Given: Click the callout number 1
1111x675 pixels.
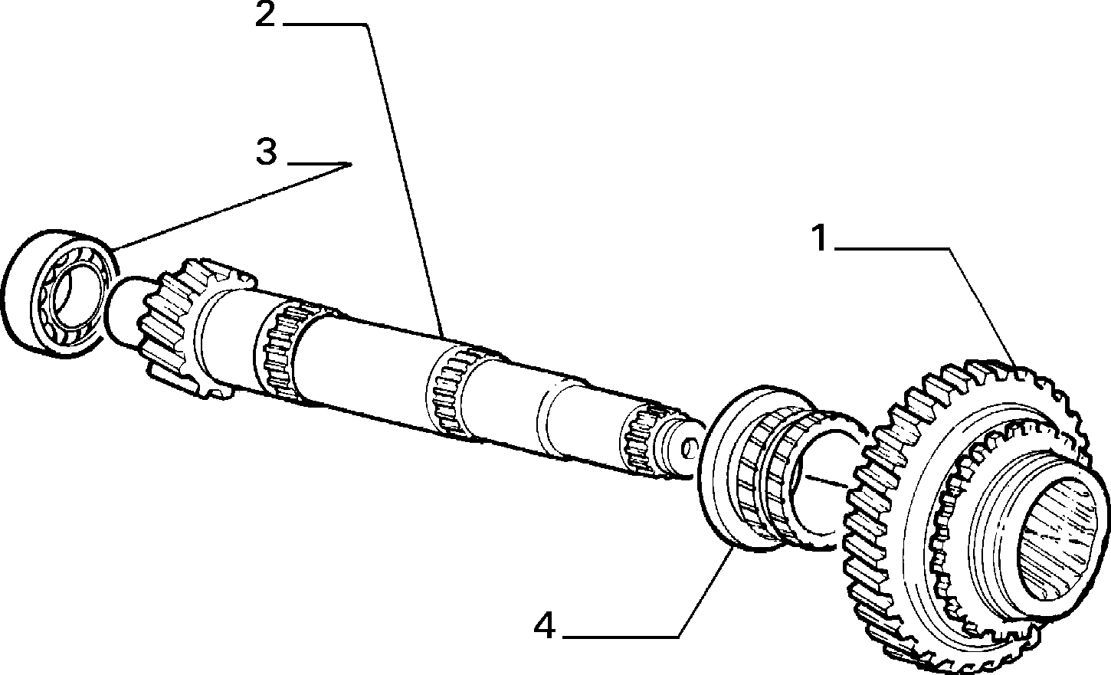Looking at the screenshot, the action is click(821, 238).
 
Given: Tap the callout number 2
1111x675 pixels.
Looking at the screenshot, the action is click(265, 15).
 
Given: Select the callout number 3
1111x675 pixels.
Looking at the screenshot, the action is click(267, 152).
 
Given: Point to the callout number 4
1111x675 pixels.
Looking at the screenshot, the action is click(545, 626).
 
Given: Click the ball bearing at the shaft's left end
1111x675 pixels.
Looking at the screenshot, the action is click(60, 293).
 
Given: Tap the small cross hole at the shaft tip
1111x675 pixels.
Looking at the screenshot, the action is click(688, 449).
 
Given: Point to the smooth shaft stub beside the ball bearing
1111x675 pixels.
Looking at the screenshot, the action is click(124, 312).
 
